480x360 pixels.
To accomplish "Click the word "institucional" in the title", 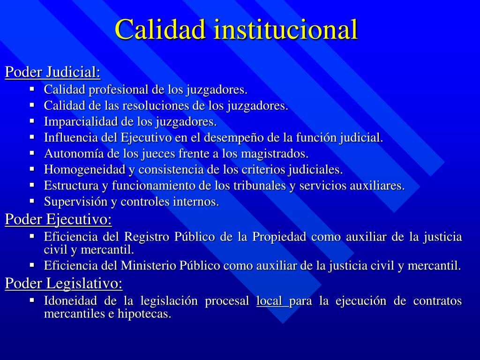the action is tap(286, 29).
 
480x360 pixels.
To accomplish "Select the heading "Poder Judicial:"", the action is tap(52, 72).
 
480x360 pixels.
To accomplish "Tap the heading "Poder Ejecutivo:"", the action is tap(59, 219).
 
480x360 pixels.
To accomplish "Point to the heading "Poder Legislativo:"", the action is tap(64, 283).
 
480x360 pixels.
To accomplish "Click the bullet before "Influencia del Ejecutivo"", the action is tap(32, 137).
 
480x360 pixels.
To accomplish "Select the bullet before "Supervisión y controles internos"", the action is tap(32, 201).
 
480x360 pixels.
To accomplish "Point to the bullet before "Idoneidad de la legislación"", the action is tap(32, 300).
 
